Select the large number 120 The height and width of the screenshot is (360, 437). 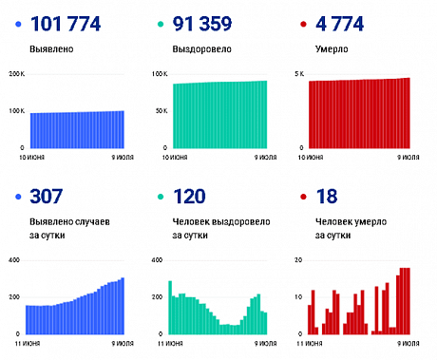(x=187, y=198)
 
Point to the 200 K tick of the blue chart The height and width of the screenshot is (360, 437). (x=16, y=74)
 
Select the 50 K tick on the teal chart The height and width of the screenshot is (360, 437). (x=161, y=111)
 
